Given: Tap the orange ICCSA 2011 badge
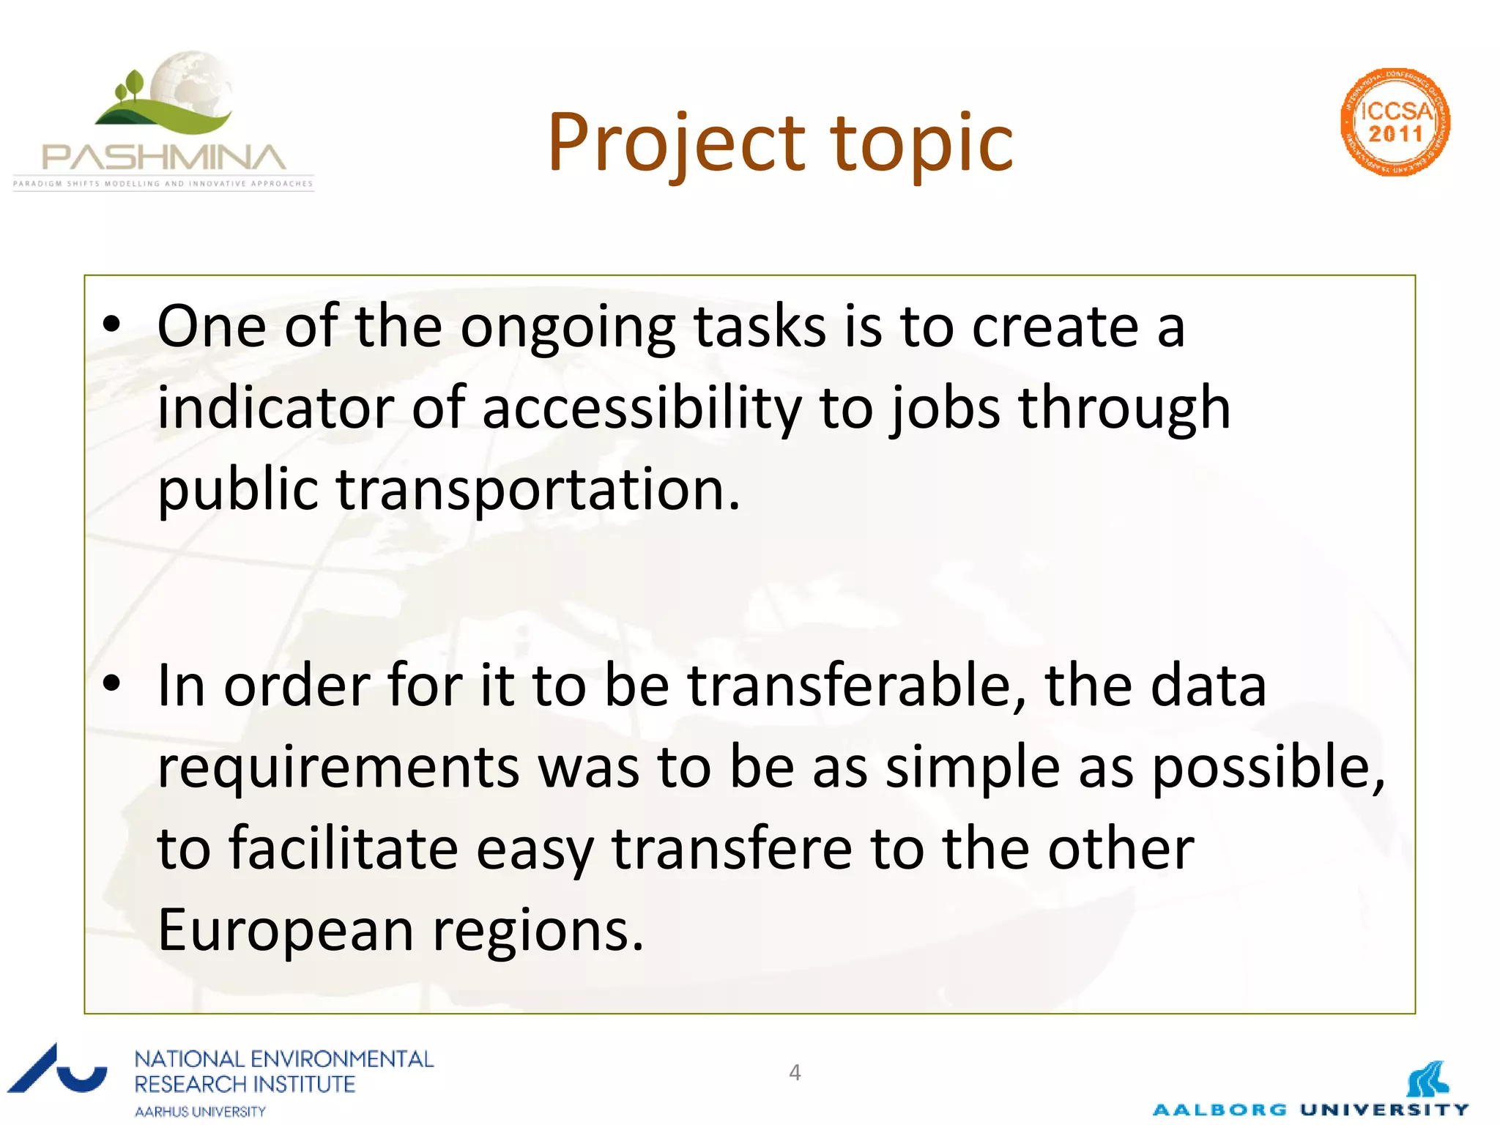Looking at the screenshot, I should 1395,122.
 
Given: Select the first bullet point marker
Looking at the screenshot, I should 111,325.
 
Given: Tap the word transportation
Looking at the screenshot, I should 538,489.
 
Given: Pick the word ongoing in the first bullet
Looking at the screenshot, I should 568,327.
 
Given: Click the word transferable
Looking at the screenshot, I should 856,685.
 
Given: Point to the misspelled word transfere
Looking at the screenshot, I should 732,848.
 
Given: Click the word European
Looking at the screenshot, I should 286,930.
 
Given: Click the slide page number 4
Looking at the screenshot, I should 795,1072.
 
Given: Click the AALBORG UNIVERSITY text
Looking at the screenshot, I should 1310,1110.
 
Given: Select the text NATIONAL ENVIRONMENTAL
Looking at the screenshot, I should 284,1059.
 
